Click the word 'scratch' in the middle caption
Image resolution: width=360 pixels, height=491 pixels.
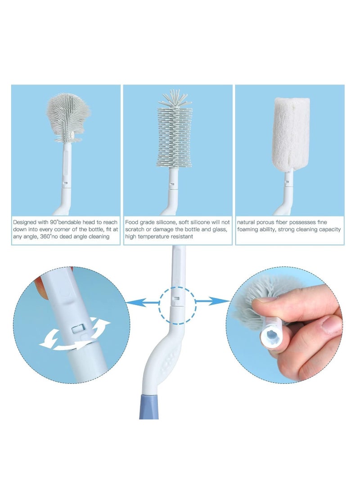[134, 230]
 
